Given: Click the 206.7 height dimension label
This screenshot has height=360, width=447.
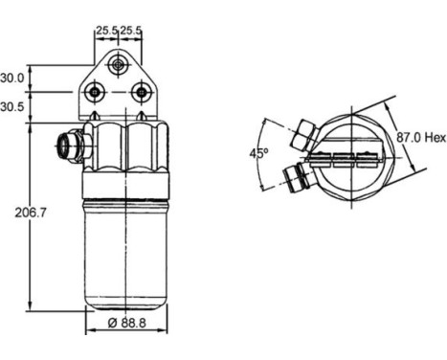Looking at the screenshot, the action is tap(31, 213).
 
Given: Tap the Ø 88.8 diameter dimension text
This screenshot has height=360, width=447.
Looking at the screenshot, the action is tap(127, 323).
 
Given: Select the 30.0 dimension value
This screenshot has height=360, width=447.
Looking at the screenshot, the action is tap(12, 78).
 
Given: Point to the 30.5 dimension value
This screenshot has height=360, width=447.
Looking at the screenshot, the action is tap(12, 107).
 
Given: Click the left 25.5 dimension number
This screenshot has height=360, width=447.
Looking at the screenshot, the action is tap(107, 31).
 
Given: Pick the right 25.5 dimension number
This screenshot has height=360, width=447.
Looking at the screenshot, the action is tap(130, 31).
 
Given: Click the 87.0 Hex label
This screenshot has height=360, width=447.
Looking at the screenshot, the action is tap(421, 138).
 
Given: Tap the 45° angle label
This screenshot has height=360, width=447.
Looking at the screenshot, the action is tap(258, 153).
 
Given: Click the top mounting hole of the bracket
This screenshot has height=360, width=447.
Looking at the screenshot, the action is tap(118, 65).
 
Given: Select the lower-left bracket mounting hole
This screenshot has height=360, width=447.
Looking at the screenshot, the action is tap(95, 92).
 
